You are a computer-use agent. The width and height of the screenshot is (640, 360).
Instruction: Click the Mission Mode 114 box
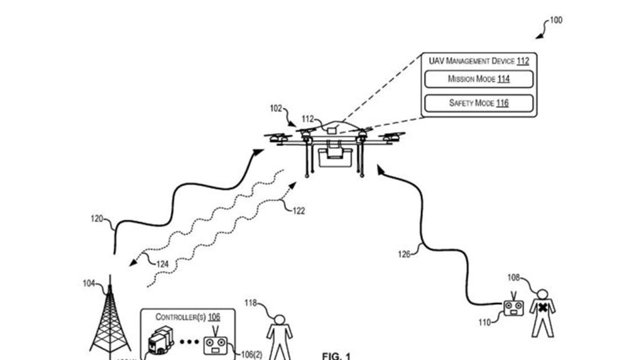click(478, 79)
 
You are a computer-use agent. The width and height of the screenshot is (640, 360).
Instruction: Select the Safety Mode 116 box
click(478, 103)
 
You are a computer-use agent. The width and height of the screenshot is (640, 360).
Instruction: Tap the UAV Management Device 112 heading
click(478, 61)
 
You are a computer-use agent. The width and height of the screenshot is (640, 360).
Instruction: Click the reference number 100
click(556, 20)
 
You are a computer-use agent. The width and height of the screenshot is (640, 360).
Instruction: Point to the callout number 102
click(276, 108)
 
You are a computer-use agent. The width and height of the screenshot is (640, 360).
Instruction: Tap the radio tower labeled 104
click(110, 320)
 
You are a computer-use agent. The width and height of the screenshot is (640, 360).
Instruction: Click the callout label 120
click(97, 219)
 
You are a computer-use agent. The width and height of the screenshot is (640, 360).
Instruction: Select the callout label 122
click(299, 211)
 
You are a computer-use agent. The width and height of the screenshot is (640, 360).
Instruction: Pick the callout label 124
click(162, 264)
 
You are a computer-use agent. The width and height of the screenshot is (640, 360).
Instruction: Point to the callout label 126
click(404, 254)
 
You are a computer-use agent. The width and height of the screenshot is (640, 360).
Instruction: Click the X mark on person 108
click(542, 308)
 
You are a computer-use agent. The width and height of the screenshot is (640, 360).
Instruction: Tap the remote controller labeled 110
click(513, 308)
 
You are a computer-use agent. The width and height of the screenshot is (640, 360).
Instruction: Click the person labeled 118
click(280, 336)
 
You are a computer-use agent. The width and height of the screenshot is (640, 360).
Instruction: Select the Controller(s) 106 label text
click(188, 317)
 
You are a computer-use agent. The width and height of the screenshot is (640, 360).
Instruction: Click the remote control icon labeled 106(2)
click(216, 345)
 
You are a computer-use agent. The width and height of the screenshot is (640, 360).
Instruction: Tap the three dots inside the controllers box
click(189, 342)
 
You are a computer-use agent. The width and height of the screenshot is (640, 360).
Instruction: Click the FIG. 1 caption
click(336, 356)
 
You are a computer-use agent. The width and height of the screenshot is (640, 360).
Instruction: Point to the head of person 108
click(542, 294)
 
